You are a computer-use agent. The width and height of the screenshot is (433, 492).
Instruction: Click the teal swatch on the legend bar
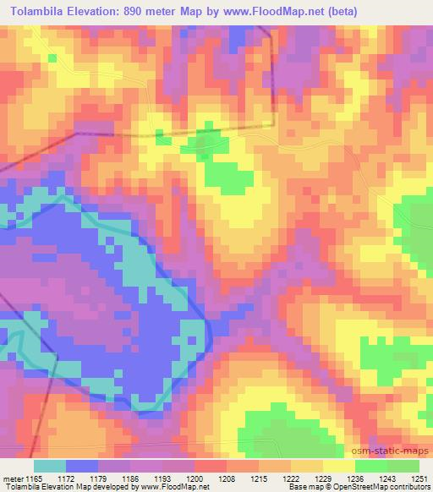(x=49, y=466)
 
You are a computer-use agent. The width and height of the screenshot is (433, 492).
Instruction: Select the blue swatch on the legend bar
(x=82, y=466)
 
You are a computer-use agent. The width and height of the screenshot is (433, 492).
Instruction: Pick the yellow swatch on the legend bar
(x=338, y=466)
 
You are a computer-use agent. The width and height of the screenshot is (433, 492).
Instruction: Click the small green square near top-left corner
(x=52, y=57)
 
